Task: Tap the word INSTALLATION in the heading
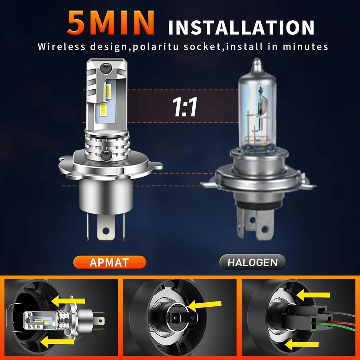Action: [241, 28]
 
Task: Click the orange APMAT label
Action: [109, 262]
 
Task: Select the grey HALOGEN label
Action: [253, 262]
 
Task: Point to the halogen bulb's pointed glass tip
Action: [256, 63]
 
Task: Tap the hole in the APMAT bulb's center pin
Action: [106, 230]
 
